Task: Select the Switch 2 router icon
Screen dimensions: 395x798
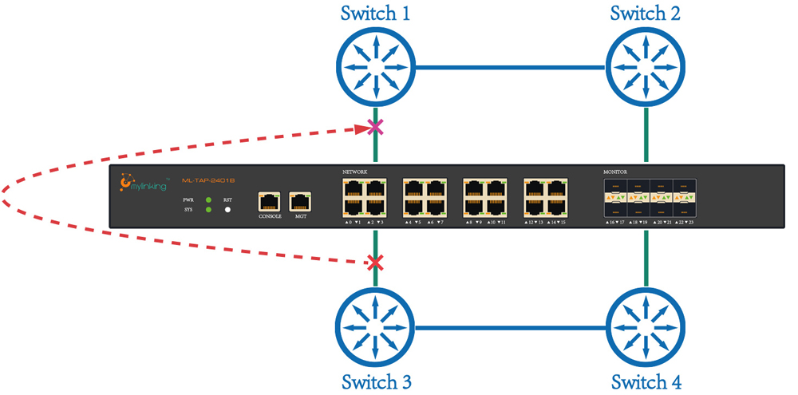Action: point(646,67)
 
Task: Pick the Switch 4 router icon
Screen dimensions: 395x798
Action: point(646,326)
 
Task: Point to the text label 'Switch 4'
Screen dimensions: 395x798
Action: point(646,381)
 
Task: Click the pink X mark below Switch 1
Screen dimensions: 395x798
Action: point(374,127)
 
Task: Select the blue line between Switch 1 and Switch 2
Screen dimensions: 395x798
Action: point(511,68)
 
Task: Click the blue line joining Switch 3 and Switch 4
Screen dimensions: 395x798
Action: point(511,326)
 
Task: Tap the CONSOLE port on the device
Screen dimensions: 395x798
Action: point(271,200)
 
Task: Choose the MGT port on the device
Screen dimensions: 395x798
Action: point(300,200)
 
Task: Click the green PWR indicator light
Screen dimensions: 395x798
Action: point(208,199)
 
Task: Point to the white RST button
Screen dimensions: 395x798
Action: point(227,210)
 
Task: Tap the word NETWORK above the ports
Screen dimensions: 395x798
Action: point(356,172)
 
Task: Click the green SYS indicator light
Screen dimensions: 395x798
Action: point(208,210)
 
